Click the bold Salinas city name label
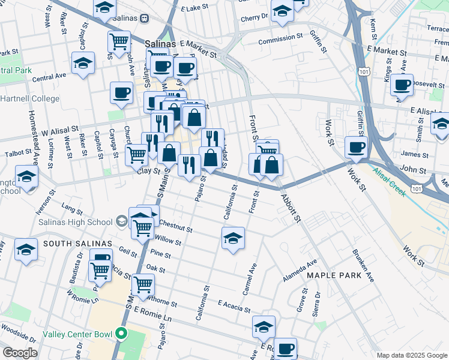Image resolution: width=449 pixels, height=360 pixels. click(161, 44)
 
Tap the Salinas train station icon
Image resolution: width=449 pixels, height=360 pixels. click(145, 19)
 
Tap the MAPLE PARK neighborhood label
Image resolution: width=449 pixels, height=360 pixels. click(334, 275)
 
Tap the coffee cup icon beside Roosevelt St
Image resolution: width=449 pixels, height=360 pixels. click(402, 85)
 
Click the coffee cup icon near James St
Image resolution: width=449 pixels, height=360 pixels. click(357, 147)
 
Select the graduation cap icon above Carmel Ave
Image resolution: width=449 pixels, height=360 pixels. click(233, 238)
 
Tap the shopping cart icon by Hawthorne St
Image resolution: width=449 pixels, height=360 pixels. click(143, 284)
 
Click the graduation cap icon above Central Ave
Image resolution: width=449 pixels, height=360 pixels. click(83, 62)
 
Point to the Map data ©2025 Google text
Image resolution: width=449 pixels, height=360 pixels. click(411, 355)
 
